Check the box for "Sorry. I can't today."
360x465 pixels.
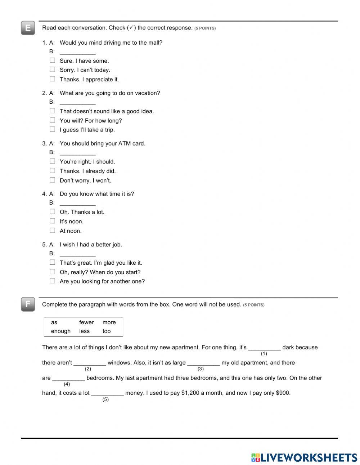(x=53, y=70)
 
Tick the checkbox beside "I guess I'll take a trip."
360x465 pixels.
(x=53, y=129)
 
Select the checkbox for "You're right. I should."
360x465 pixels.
(x=53, y=161)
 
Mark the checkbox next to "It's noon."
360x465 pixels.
(x=53, y=221)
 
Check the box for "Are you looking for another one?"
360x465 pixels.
(x=53, y=281)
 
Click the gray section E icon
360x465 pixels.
(x=28, y=28)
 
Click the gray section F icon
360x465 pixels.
(x=28, y=304)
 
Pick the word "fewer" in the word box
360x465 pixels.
(x=86, y=322)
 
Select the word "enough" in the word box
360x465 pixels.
(x=61, y=331)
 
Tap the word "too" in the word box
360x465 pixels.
(x=107, y=331)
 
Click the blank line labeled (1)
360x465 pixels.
(x=264, y=348)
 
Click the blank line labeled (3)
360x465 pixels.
(x=203, y=363)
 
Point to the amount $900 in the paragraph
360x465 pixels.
(x=283, y=393)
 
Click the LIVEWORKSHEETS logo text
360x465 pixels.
(x=308, y=457)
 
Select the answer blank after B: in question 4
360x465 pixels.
(x=77, y=203)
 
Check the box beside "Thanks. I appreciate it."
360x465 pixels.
(x=53, y=79)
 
